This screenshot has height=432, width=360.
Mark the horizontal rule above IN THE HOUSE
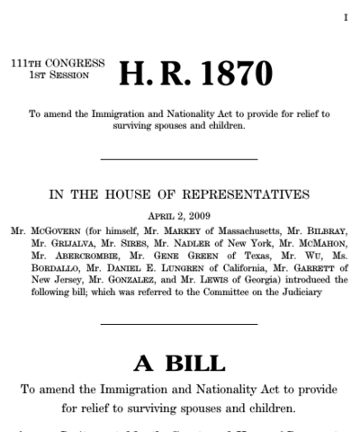coord(179,159)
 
